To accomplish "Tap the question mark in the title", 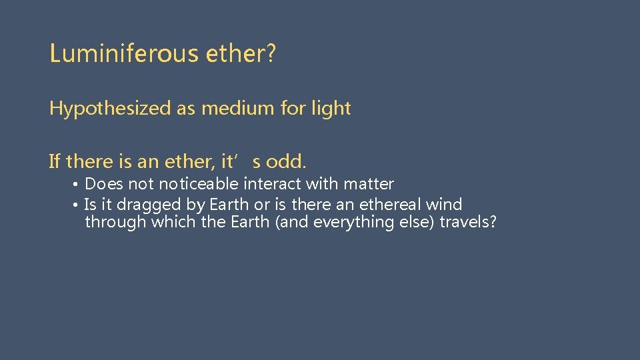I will (x=271, y=53).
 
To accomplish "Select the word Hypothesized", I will (x=110, y=109).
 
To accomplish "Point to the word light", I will (x=331, y=109).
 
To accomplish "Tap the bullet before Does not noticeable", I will (x=77, y=185).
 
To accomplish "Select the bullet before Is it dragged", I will (x=77, y=205).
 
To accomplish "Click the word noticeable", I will (x=199, y=184).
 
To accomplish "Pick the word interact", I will (x=273, y=184).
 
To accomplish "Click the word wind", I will (x=444, y=204).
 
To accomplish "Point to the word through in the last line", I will (x=116, y=222).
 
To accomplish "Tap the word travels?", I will (x=468, y=222).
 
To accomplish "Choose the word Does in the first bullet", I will (x=104, y=184).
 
